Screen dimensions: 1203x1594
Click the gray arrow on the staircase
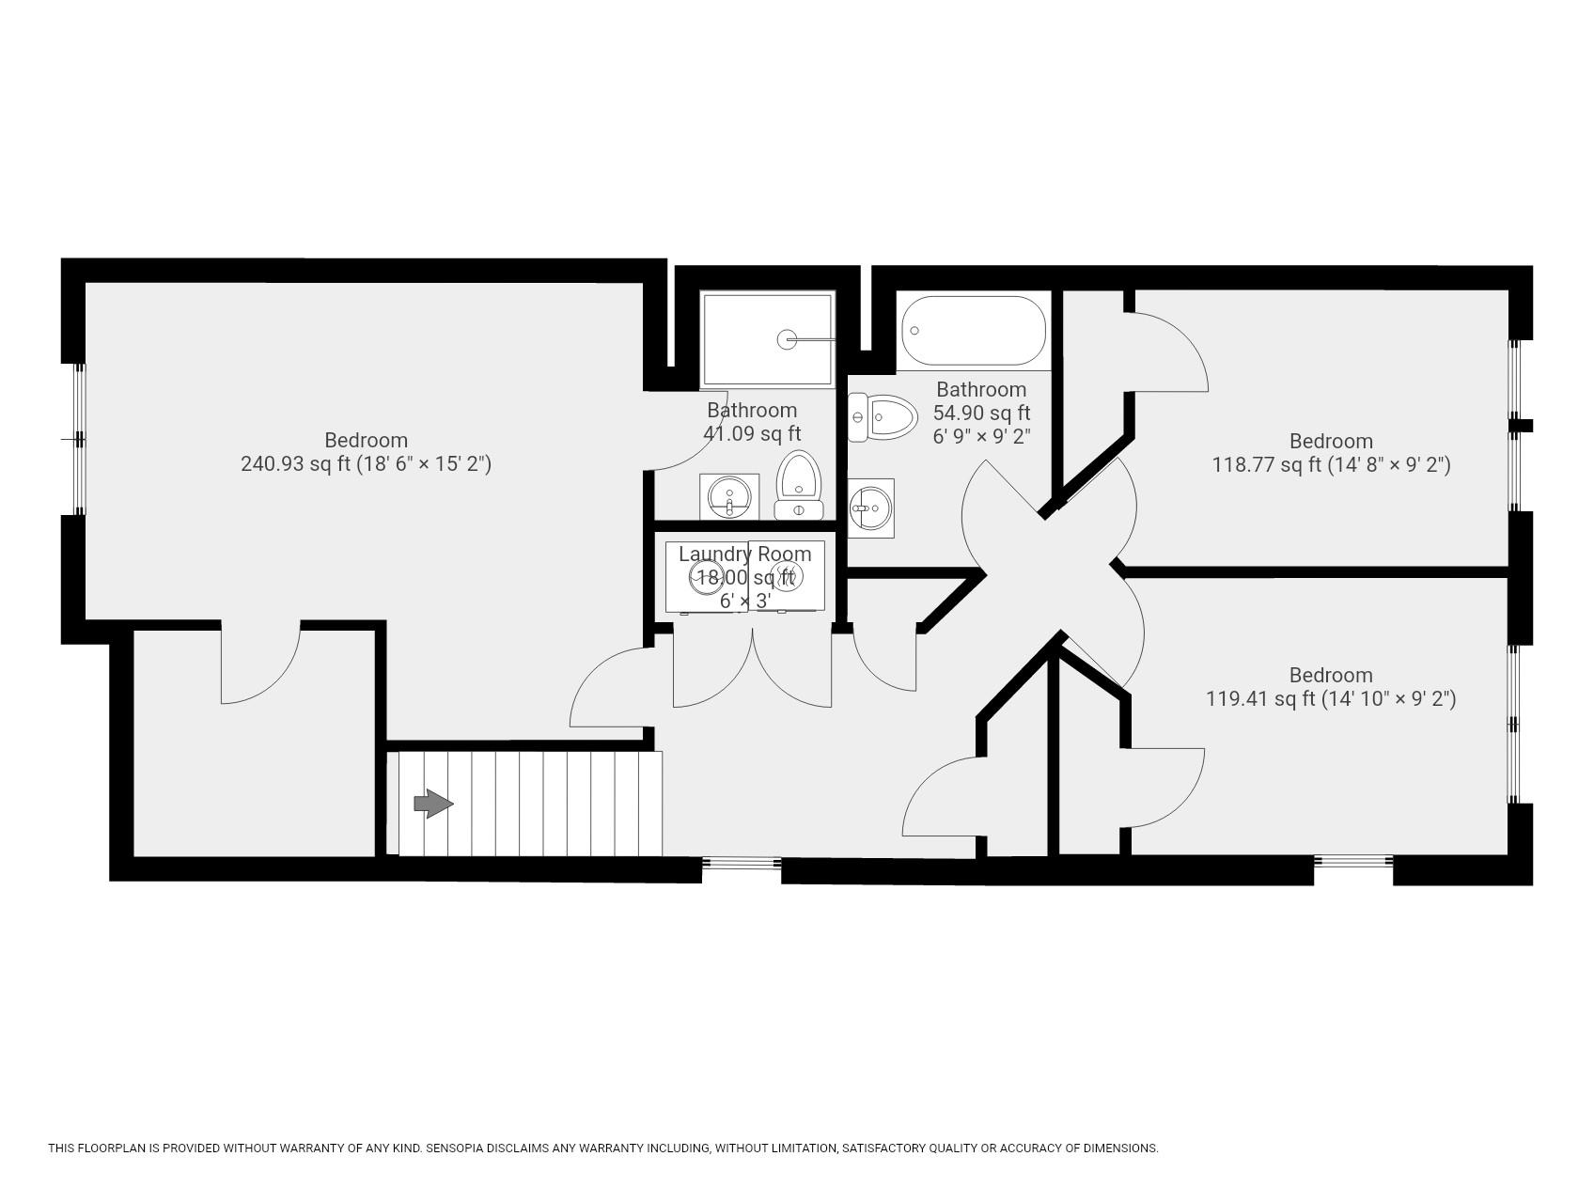(433, 804)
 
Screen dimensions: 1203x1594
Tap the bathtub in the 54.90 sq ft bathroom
(973, 331)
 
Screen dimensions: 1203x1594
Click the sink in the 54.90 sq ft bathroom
(870, 508)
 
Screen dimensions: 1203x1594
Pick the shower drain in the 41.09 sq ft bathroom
(787, 339)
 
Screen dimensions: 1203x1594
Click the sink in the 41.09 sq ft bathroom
(729, 495)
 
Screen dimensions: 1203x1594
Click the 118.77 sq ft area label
(1266, 464)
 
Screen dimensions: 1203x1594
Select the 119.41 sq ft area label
(1260, 698)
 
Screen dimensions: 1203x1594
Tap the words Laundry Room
(744, 554)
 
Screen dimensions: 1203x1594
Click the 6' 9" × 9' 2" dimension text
(981, 436)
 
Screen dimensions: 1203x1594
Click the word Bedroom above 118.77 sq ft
(1330, 441)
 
